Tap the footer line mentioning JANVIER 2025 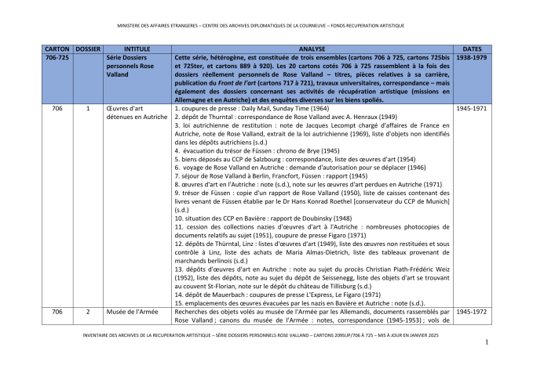(x=266, y=334)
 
